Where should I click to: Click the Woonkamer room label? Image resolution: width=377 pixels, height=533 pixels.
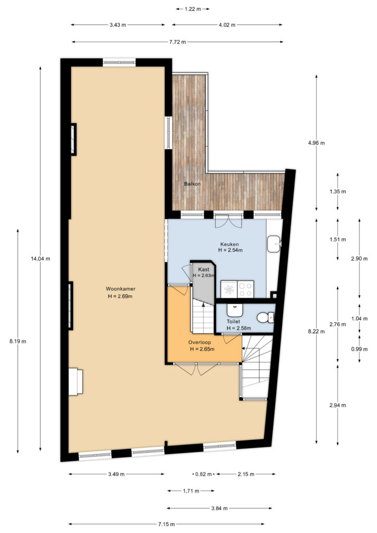click(120, 288)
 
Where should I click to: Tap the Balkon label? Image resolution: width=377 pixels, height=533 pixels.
click(193, 184)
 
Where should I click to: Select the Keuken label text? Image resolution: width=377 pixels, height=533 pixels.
click(230, 244)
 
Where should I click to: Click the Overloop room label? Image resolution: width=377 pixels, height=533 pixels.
click(199, 342)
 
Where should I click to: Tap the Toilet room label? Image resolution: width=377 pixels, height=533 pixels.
click(234, 321)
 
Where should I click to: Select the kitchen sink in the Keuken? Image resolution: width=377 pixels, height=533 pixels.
click(274, 244)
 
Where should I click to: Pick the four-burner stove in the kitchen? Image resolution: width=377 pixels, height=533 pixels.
click(245, 289)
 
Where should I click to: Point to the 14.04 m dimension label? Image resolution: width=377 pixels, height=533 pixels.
click(41, 259)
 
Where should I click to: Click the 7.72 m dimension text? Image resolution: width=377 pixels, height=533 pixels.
click(178, 42)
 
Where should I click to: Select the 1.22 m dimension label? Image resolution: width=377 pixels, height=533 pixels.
click(193, 9)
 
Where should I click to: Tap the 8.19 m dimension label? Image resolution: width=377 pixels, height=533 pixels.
click(18, 341)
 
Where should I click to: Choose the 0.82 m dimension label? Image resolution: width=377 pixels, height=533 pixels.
click(204, 474)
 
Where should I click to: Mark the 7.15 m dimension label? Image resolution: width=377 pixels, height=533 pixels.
click(167, 524)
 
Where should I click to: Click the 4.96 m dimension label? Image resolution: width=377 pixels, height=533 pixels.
click(316, 143)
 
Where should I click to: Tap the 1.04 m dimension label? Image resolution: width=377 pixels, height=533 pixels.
click(359, 319)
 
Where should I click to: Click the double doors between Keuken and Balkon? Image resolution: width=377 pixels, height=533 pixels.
click(229, 221)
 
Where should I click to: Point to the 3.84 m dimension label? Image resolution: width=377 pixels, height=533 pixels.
click(219, 508)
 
